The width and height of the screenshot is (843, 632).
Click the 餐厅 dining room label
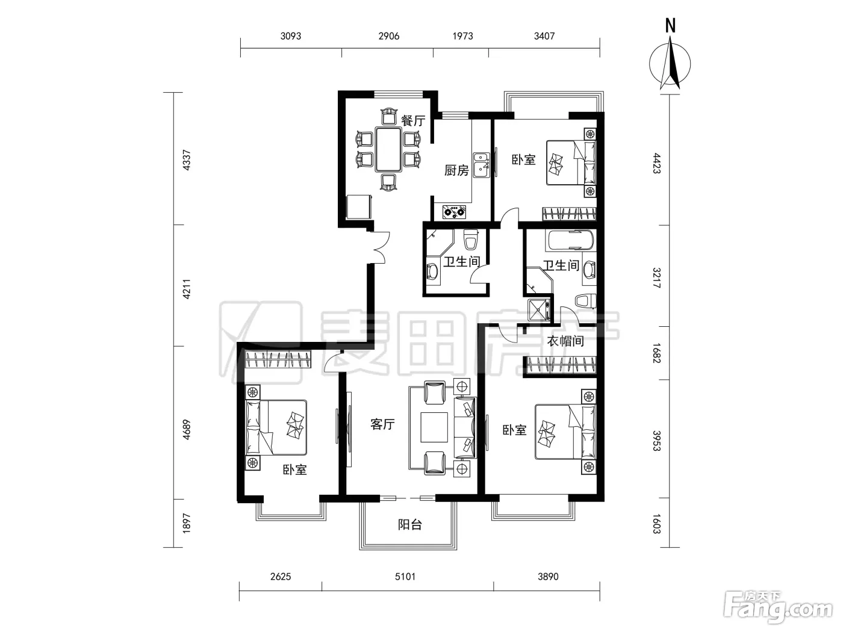[x=413, y=120]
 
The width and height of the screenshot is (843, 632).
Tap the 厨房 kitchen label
[x=456, y=170]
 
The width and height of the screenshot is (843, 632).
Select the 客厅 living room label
[x=382, y=424]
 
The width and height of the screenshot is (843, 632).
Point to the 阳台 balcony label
[x=410, y=524]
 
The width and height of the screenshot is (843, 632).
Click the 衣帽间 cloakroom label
[x=565, y=341]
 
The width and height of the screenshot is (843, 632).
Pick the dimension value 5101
[x=405, y=577]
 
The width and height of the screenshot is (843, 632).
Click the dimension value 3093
[x=291, y=36]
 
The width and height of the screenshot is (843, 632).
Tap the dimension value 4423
[x=657, y=163]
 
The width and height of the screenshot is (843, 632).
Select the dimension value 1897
[x=186, y=523]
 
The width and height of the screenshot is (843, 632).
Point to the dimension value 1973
[x=462, y=36]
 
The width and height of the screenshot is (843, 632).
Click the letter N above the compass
[x=670, y=26]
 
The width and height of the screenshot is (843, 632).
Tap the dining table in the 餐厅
[x=388, y=150]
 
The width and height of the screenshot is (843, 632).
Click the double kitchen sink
[x=481, y=165]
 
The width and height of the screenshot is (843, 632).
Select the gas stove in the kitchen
[x=455, y=212]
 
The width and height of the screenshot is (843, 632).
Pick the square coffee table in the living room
[x=434, y=427]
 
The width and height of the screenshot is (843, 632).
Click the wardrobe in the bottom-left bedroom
[x=278, y=359]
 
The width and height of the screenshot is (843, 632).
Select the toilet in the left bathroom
[x=470, y=239]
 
